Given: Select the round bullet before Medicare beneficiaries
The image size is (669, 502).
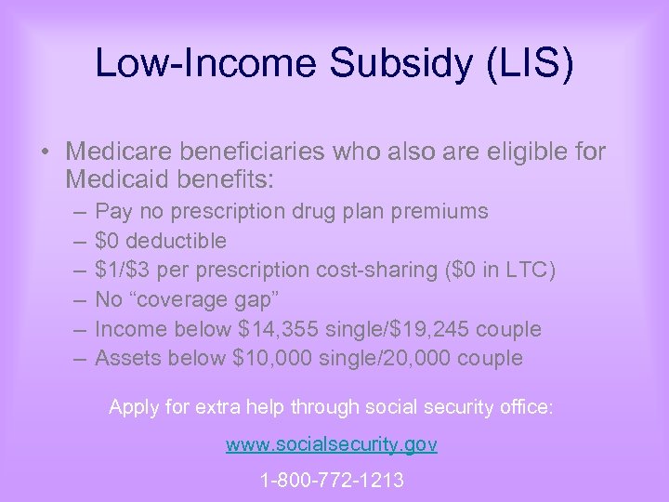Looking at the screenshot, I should (47, 152).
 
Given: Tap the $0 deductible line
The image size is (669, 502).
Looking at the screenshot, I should (161, 241).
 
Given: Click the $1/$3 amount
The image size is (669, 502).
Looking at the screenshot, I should (128, 270).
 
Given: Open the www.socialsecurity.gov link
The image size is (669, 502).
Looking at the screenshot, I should (332, 444).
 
